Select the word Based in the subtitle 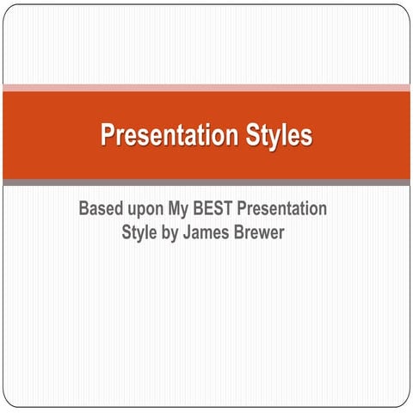coord(102,209)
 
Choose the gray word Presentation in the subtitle coord(287,209)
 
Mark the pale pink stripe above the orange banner coord(206,88)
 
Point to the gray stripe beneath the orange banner coord(206,182)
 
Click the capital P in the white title coord(107,136)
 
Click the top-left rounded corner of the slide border coord(8,9)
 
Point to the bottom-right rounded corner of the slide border coord(405,404)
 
